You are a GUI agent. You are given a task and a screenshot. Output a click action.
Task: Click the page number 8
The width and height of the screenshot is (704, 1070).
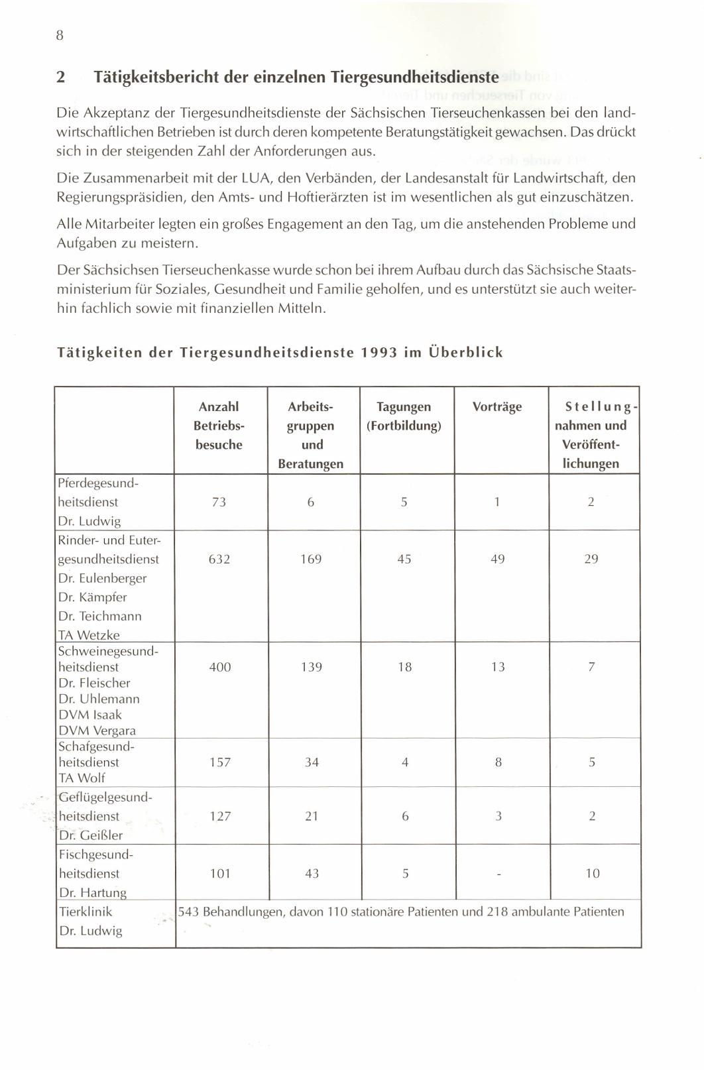[60, 36]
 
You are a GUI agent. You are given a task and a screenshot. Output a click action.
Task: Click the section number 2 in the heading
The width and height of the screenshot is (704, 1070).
[60, 77]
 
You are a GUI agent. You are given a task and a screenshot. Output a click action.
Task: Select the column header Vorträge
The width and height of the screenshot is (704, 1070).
[497, 406]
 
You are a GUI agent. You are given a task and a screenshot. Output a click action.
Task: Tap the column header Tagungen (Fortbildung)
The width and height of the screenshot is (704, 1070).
[404, 416]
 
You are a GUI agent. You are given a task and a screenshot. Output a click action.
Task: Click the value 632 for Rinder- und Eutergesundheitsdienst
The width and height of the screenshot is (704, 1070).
[219, 559]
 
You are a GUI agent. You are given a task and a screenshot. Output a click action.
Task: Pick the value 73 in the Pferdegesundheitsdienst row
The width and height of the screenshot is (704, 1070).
[219, 502]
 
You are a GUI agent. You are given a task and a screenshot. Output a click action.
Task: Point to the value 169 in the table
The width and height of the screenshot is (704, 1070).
[311, 559]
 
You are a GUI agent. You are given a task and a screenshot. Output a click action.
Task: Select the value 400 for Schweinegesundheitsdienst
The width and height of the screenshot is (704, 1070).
[220, 667]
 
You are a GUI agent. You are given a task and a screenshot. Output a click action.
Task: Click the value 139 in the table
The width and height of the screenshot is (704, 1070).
[312, 667]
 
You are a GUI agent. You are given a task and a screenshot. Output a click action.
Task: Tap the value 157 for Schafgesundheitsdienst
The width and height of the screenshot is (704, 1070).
[220, 762]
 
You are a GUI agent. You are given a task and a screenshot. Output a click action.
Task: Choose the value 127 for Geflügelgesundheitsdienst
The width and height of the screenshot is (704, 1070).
[220, 816]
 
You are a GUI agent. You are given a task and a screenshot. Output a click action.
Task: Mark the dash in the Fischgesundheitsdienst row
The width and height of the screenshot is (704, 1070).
[498, 874]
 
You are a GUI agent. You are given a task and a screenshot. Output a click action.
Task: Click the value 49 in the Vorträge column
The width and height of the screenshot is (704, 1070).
[497, 559]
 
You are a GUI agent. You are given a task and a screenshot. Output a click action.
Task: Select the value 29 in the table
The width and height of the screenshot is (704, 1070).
[591, 559]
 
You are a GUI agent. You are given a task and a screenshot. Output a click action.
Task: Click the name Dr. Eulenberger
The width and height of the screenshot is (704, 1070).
[102, 578]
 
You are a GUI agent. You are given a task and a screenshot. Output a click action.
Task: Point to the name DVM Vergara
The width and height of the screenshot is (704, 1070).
[97, 731]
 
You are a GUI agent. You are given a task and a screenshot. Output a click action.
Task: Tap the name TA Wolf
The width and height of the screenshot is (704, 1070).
[82, 778]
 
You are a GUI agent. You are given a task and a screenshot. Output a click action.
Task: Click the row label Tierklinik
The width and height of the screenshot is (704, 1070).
[86, 912]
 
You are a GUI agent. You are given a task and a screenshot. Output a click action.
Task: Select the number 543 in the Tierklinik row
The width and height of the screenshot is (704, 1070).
[189, 912]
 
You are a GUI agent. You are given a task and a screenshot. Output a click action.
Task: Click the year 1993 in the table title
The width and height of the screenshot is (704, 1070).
[379, 353]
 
